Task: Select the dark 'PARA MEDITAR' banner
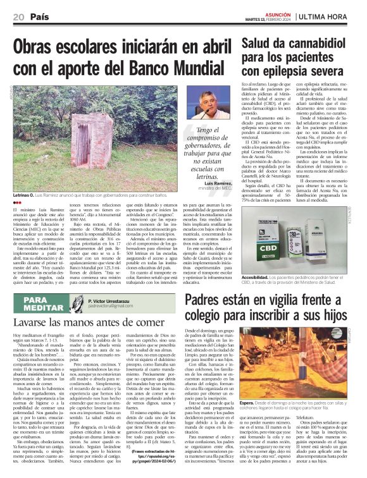click(44, 303)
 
